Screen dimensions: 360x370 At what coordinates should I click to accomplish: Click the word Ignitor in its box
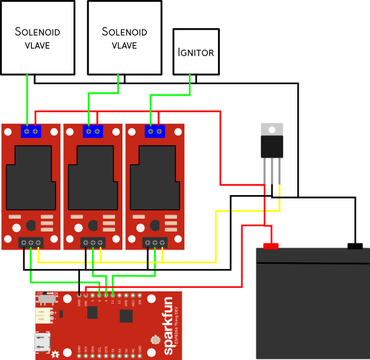(x=196, y=52)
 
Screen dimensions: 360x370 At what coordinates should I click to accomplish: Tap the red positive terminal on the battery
(x=270, y=246)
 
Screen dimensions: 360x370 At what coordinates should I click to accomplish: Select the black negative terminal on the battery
(x=355, y=246)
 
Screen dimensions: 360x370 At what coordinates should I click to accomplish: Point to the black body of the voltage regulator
(x=272, y=146)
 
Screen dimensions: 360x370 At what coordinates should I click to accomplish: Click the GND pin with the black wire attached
(x=79, y=295)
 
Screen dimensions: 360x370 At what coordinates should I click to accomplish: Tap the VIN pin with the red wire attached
(x=86, y=295)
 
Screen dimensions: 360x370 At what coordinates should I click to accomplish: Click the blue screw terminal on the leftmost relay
(x=30, y=131)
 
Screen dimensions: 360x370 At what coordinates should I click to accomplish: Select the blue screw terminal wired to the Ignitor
(x=155, y=131)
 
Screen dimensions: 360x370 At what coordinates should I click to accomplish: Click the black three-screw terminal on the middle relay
(x=93, y=242)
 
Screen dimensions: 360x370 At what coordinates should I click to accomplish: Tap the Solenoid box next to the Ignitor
(x=125, y=38)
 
